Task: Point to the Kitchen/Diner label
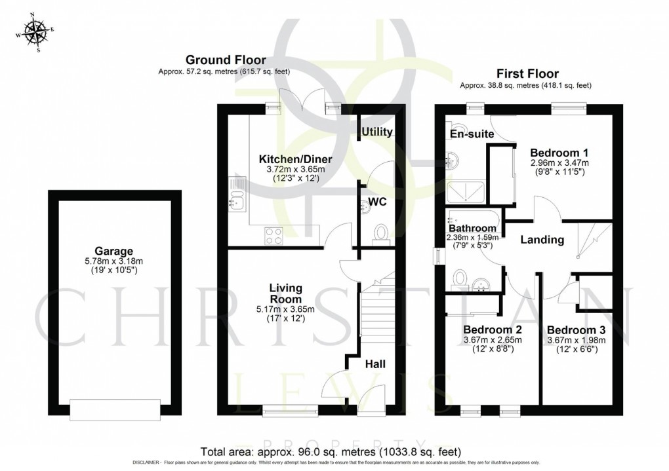296,159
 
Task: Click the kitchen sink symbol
236,193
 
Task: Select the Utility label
377,132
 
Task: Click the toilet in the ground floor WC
380,233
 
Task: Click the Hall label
376,364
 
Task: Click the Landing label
542,240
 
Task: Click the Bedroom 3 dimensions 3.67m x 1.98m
576,340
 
